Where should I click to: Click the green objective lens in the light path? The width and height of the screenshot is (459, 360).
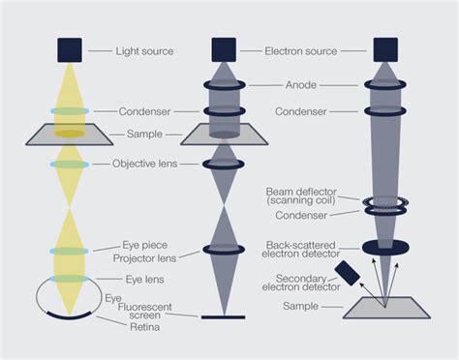point(69,165)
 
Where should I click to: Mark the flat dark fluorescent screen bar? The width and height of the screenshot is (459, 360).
point(224,316)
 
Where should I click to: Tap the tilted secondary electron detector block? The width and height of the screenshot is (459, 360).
point(347,273)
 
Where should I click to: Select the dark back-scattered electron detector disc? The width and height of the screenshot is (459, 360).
point(385,248)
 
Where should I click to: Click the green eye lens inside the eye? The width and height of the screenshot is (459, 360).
point(69,279)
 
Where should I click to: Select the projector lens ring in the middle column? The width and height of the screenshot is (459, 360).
point(224,250)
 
